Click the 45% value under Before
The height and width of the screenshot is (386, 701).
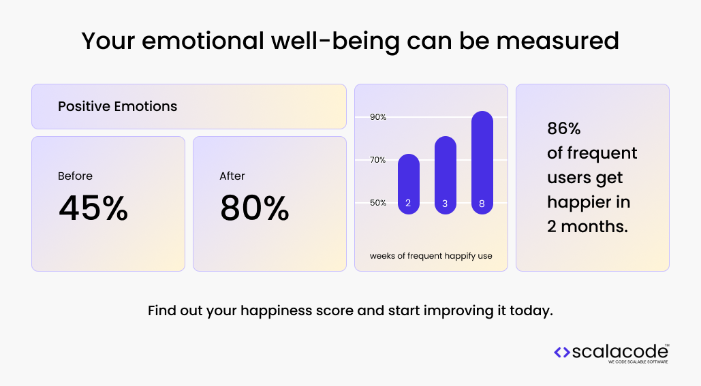[93, 208]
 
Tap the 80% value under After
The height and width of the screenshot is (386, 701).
[254, 208]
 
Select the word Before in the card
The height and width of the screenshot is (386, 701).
[75, 176]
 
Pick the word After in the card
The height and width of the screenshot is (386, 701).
[232, 176]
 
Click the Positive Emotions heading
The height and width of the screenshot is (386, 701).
[117, 106]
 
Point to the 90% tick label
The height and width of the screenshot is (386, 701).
[378, 117]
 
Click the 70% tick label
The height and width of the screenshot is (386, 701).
[378, 160]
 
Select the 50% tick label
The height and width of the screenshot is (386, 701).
[378, 203]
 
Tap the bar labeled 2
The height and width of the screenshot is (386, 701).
[408, 184]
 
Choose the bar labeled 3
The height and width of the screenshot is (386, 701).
[445, 176]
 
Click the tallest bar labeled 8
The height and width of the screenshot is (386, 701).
[482, 163]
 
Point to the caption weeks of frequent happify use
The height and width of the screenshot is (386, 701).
[431, 256]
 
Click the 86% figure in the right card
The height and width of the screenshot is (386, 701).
[563, 129]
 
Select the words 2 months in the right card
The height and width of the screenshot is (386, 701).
[587, 227]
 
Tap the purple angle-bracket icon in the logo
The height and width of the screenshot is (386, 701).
[562, 352]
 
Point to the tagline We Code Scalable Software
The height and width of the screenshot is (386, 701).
[638, 362]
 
